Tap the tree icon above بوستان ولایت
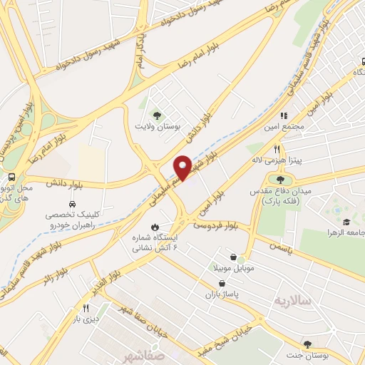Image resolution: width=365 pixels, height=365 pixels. [157, 113]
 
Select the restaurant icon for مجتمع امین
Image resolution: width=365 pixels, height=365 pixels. [283, 115]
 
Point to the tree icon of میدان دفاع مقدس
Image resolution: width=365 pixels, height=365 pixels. [279, 180]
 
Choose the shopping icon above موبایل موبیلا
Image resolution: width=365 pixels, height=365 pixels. [233, 257]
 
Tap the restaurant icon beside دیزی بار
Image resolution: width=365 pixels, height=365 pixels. [85, 308]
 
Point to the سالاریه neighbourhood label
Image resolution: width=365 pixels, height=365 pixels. [292, 301]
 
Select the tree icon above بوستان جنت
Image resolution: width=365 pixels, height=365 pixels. [307, 344]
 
